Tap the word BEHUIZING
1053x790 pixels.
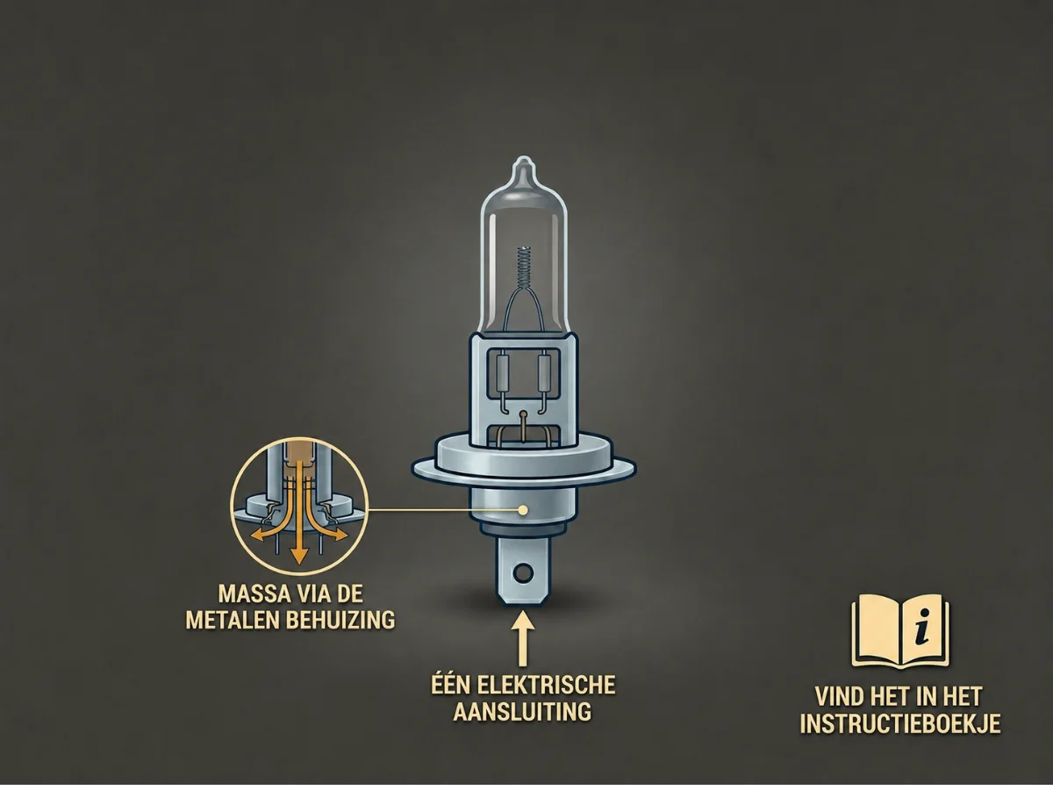click(340, 621)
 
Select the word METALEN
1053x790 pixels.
click(233, 621)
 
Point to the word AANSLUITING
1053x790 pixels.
click(522, 712)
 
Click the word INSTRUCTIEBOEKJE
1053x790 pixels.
click(900, 724)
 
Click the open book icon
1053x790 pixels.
click(900, 631)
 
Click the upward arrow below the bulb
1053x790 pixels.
click(522, 638)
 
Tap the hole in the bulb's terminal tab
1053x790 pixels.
click(522, 572)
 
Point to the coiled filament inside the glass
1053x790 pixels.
click(525, 268)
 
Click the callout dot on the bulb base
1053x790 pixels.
click(523, 510)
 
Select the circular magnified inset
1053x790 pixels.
click(299, 506)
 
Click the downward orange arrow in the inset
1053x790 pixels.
click(299, 513)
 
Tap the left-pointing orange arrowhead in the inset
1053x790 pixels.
click(258, 535)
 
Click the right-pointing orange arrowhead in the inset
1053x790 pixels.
click(341, 535)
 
